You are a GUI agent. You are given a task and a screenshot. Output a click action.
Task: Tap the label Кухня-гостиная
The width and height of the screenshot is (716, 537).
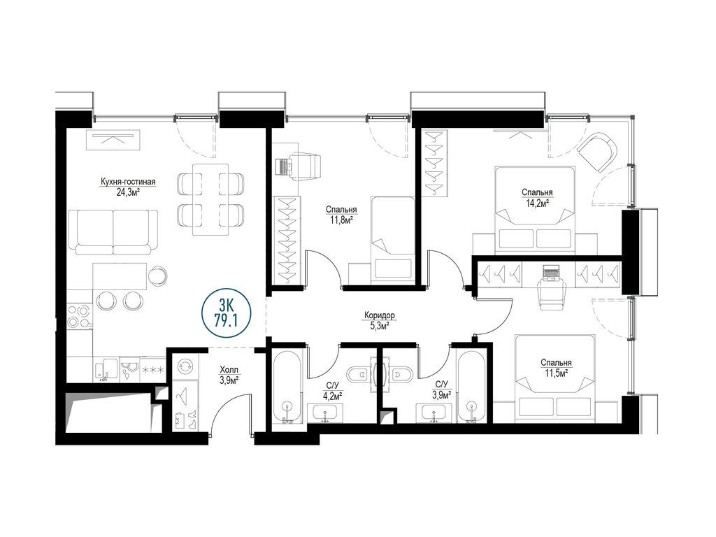pyautogui.click(x=128, y=182)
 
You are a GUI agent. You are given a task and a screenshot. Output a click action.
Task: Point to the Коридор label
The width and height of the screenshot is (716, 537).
pyautogui.click(x=380, y=315)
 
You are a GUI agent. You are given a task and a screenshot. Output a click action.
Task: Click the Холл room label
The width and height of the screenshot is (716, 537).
pyautogui.click(x=229, y=369)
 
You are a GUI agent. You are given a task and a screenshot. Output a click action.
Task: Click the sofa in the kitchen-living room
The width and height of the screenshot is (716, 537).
pyautogui.click(x=113, y=231)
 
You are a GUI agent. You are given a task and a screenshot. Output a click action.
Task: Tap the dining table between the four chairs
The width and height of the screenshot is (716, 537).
pyautogui.click(x=210, y=199)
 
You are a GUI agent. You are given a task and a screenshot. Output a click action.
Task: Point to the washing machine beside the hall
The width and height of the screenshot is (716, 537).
pyautogui.click(x=186, y=366)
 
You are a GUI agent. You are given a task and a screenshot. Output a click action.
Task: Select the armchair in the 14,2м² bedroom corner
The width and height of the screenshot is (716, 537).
pyautogui.click(x=599, y=152)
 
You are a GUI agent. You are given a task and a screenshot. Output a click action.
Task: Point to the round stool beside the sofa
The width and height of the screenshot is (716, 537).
pyautogui.click(x=158, y=275)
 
